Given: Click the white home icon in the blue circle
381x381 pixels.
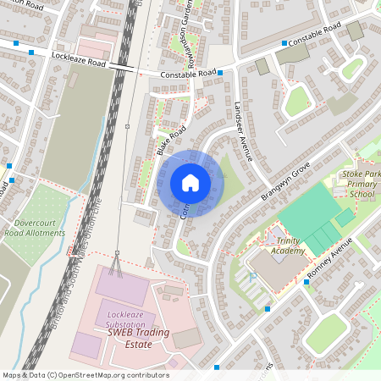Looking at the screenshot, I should point(190,183).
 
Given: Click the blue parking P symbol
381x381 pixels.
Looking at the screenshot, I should point(252,277).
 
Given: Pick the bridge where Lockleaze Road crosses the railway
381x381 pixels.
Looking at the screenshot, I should point(121,66).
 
